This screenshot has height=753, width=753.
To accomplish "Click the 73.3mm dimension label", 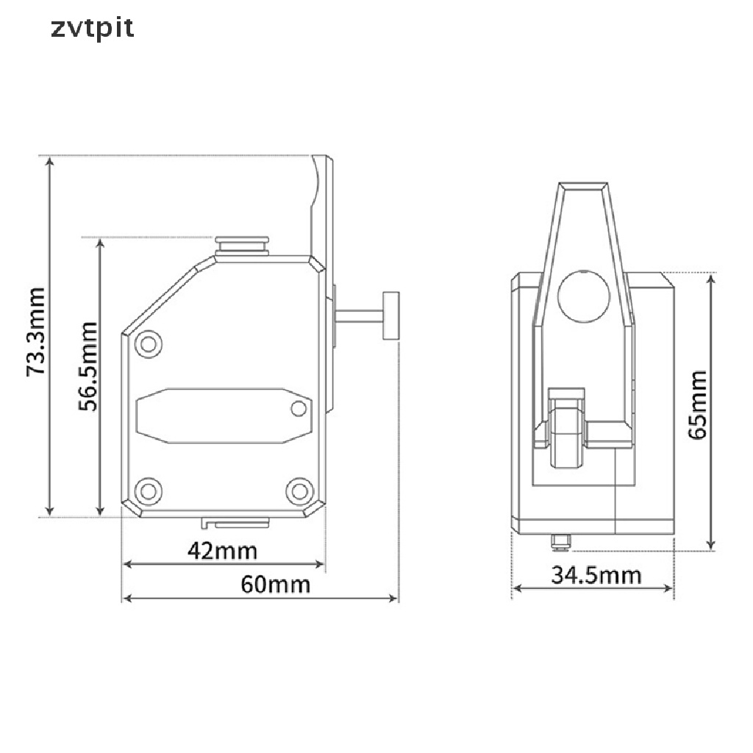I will pos(35,332).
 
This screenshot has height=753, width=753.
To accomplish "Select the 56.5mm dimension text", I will pos(88,365).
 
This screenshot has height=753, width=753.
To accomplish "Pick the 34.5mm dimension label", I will pos(596,574).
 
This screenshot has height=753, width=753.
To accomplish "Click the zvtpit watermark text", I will pos(93,29).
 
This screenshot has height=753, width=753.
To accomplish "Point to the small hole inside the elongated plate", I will pos(299,407).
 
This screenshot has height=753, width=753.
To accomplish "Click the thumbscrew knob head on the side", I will pos(390,315).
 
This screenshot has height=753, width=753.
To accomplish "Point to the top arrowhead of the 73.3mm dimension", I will pos(49,162).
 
